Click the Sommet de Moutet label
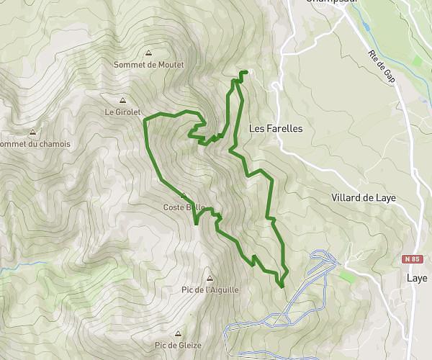point(148,65)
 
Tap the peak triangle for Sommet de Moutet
point(148,53)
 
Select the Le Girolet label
point(121,112)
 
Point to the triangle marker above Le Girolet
point(122,101)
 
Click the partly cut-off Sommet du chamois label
point(35,144)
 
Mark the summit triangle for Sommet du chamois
point(32,132)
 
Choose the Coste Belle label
point(184,207)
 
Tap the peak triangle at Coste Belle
point(184,196)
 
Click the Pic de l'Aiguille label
point(210,289)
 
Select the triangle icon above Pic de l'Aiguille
point(210,278)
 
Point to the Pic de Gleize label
point(178,346)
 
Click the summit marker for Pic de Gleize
point(178,334)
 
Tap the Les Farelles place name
point(275,129)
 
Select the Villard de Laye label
point(364,197)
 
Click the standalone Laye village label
point(416,278)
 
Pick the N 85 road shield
point(412,258)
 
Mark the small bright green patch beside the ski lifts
point(347,276)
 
